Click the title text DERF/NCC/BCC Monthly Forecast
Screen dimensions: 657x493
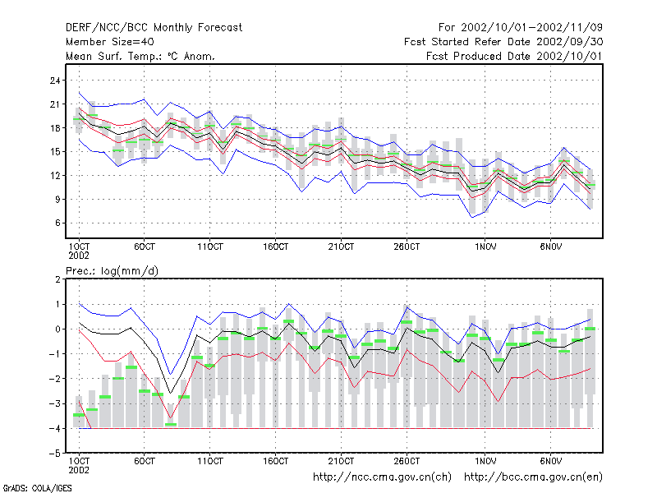point(154,28)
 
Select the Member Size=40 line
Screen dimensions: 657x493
point(110,42)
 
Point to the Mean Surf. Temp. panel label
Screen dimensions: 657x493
point(140,56)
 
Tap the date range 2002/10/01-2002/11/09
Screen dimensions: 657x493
point(531,28)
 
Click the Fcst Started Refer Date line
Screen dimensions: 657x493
point(503,42)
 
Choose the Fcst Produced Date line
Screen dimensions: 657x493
point(514,56)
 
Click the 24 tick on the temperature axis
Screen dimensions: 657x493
point(55,80)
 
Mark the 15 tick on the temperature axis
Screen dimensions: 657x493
point(55,151)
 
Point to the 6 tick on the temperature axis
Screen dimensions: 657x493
point(57,223)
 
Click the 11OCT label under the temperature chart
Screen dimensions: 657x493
point(210,246)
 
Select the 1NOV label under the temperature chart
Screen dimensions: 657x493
point(485,246)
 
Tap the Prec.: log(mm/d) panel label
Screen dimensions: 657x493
point(112,271)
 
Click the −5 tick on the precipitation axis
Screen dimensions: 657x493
point(55,454)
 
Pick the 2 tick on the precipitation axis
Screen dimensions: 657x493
point(57,279)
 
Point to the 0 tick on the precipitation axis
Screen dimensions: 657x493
point(57,329)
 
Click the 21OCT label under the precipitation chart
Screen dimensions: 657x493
point(341,461)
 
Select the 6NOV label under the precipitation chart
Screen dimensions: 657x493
point(550,461)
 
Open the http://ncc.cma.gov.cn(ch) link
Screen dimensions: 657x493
point(382,477)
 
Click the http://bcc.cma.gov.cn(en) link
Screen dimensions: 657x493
point(533,477)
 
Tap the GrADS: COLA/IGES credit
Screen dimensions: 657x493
point(37,488)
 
